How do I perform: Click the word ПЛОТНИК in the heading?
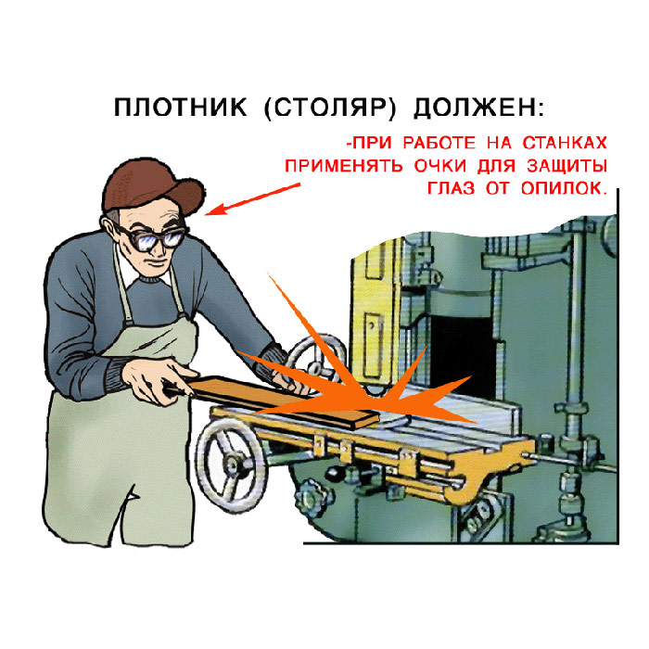point(181,108)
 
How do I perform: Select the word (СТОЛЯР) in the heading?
point(330,108)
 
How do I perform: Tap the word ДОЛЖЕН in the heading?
point(475,108)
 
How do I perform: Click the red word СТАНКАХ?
point(565,143)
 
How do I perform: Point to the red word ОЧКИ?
point(440,166)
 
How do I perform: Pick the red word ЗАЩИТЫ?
point(567,166)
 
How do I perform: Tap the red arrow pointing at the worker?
point(252,199)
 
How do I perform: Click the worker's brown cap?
point(152,186)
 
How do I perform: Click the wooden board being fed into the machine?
point(282,401)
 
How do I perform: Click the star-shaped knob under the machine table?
point(312,493)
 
